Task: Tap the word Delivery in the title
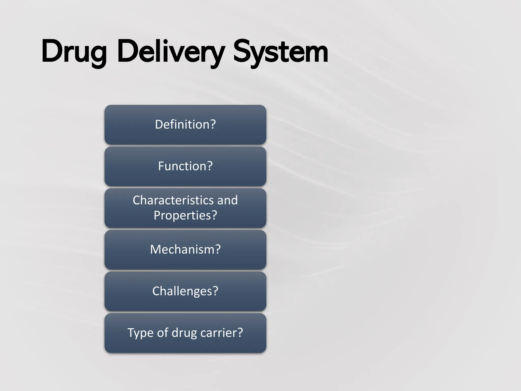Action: [170, 52]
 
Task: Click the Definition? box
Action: [185, 125]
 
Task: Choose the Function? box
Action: [185, 166]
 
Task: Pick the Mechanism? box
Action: [185, 249]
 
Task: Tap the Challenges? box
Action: [185, 291]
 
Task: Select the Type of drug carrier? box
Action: [185, 333]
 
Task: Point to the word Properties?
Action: [185, 215]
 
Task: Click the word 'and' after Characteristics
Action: [227, 200]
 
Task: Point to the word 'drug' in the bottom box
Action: [184, 333]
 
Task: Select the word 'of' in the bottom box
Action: [162, 333]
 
